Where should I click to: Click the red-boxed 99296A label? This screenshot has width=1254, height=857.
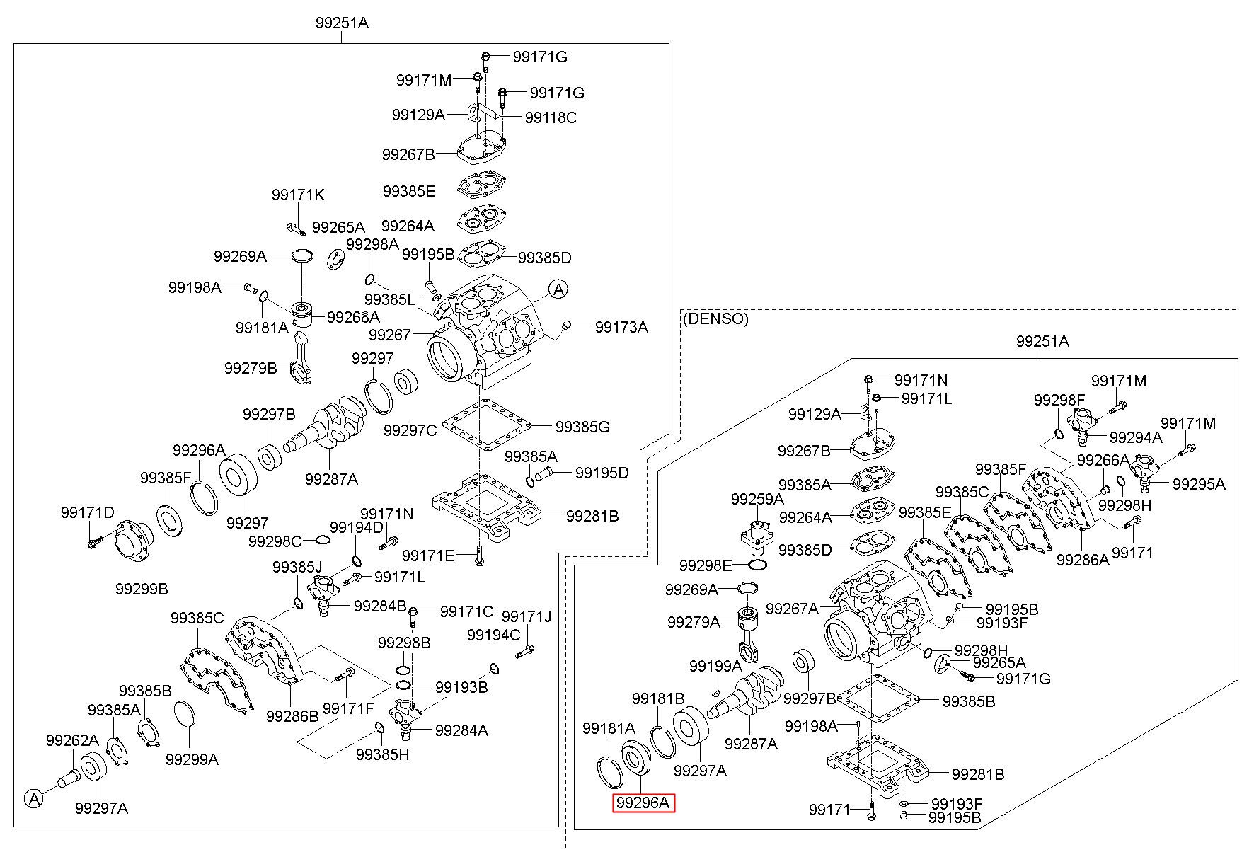click(643, 803)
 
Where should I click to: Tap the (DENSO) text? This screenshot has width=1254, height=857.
click(715, 318)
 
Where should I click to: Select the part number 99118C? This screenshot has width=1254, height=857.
click(551, 117)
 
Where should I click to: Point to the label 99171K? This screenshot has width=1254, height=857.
click(298, 195)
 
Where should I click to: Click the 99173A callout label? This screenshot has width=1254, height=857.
click(621, 327)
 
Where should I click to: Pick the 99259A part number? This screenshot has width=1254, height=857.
click(757, 499)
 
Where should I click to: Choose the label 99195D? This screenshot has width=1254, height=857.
click(602, 473)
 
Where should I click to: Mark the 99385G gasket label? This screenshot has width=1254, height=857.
click(582, 427)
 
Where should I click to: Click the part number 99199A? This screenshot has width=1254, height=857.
click(715, 666)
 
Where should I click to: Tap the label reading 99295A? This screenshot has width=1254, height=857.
click(1199, 484)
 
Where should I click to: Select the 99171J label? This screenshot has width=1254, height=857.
click(527, 617)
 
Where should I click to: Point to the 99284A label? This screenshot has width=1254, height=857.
click(461, 730)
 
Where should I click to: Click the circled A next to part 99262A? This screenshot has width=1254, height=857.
click(33, 799)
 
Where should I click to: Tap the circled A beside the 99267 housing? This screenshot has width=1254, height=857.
click(558, 289)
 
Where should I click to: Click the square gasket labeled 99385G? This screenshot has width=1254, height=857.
click(486, 425)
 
